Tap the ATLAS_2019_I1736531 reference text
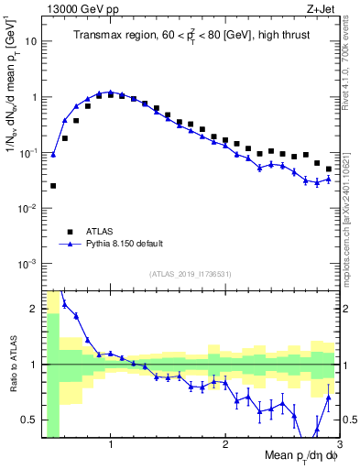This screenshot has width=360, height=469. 191,274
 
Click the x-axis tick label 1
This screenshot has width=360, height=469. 111,444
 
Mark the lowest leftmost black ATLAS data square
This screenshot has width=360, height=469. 53,186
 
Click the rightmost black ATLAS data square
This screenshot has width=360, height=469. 329,169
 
